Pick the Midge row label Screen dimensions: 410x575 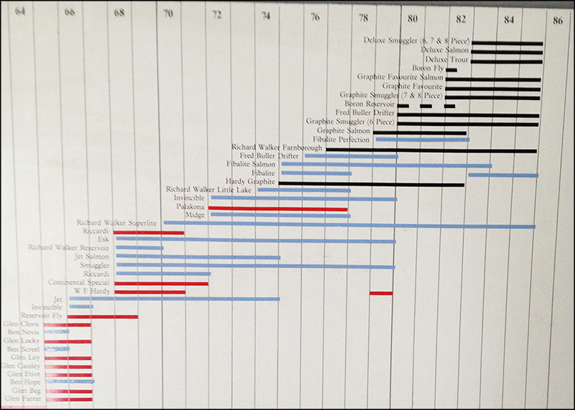pos(195,215)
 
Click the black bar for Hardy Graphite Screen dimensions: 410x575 pos(371,183)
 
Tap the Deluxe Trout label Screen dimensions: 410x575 pos(447,60)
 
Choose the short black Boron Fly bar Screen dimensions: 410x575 pos(451,69)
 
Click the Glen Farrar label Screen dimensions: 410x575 pos(22,398)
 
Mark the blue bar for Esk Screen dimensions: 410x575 pos(255,241)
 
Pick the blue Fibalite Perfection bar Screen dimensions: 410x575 pos(422,139)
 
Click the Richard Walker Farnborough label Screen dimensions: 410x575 pos(277,147)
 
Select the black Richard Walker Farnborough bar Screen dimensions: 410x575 pos(431,150)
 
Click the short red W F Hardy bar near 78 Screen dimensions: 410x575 pos(381,293)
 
